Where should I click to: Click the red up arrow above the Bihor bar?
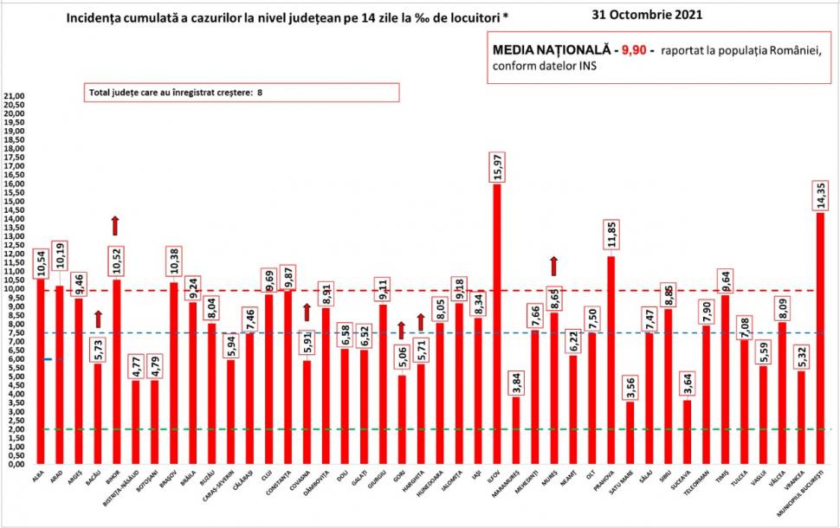[115, 225]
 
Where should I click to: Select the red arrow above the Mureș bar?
[554, 266]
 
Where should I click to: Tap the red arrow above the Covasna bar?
[307, 312]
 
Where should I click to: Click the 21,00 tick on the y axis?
[14, 96]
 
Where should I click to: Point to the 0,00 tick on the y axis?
[16, 464]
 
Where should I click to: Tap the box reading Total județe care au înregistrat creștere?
[241, 93]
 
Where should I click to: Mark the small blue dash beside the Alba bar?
[51, 359]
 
